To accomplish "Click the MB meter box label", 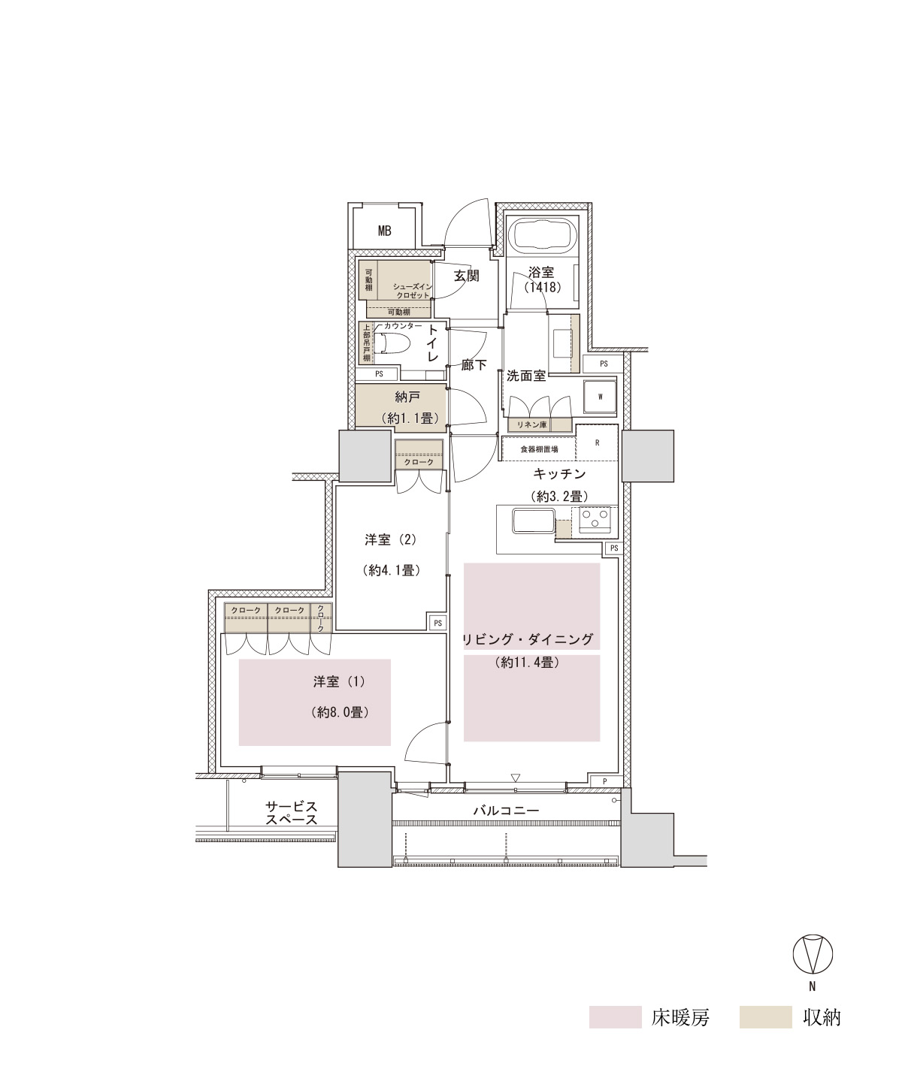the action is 384,231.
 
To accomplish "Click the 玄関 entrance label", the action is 467,276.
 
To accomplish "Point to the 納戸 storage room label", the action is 407,397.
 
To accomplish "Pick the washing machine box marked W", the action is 600,397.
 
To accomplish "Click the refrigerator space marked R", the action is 597,442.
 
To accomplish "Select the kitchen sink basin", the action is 532,521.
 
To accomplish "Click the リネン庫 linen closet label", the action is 535,425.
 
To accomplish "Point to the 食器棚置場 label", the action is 539,448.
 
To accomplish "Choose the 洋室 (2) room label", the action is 390,539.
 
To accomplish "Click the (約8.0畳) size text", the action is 339,712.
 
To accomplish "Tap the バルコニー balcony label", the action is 506,810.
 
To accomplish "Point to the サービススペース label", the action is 291,814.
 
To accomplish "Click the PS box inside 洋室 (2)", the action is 437,623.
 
